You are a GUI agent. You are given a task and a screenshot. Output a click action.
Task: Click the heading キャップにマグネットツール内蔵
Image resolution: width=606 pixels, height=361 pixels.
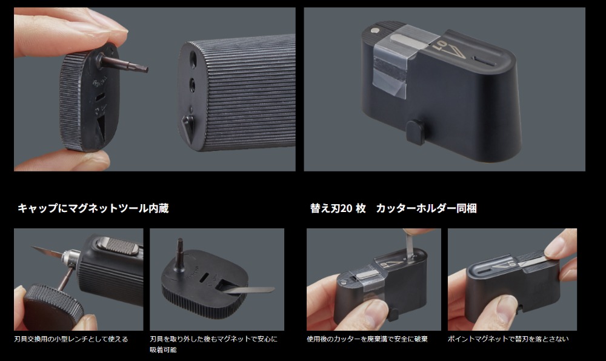93,208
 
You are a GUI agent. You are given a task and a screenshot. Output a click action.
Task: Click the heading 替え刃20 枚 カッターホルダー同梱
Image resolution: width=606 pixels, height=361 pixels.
393,208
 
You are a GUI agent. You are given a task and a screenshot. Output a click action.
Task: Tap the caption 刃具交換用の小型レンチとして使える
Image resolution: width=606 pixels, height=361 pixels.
71,339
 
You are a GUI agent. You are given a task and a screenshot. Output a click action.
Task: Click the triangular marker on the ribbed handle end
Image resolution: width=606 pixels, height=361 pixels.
188,124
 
